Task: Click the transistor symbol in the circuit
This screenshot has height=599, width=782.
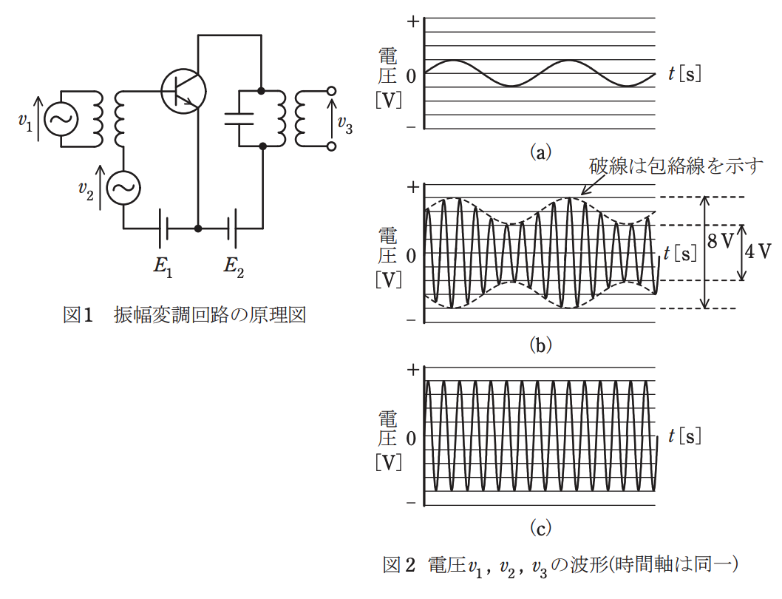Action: (183, 91)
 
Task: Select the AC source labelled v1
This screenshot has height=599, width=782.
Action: (61, 119)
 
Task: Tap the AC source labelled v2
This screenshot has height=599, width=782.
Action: (123, 187)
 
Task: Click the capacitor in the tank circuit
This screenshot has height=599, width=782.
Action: (239, 118)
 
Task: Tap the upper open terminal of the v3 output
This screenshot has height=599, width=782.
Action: (331, 91)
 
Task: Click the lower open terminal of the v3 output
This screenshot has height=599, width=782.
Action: (331, 146)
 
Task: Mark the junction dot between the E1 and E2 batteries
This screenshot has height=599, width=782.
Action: (199, 229)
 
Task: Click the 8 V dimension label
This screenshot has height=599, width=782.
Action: (721, 241)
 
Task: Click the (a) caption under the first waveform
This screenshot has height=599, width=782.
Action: (540, 152)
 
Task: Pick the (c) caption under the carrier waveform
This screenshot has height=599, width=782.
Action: (540, 527)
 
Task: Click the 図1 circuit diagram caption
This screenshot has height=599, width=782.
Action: (184, 315)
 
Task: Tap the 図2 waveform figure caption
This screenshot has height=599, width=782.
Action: (560, 564)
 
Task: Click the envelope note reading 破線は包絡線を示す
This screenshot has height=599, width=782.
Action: (676, 166)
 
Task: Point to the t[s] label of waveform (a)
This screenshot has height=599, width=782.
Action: (684, 74)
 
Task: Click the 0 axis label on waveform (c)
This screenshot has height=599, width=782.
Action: (411, 439)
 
